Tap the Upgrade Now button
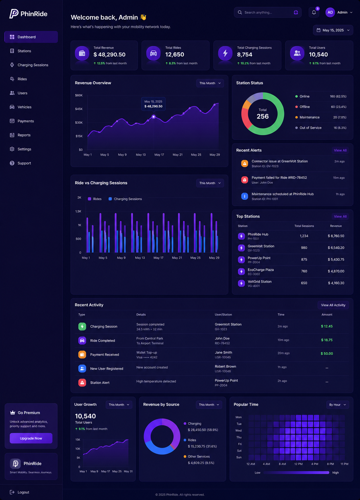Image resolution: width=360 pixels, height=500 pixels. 31,438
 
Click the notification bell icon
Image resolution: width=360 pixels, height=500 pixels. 314,13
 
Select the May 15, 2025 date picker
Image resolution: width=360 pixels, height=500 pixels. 333,30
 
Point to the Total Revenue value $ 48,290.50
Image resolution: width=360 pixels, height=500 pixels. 109,54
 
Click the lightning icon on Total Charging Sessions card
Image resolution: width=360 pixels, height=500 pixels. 225,53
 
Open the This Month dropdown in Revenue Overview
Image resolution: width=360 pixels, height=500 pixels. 210,83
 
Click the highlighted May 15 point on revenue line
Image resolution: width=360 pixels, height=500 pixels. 154,116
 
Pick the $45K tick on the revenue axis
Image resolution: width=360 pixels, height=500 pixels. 79,109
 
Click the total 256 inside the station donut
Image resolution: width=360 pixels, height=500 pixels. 263,116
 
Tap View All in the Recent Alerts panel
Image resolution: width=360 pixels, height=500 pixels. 340,150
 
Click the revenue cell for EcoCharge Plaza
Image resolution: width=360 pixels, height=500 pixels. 336,271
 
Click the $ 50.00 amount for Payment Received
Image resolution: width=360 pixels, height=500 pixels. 327,354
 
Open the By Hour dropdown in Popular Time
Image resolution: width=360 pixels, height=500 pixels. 337,405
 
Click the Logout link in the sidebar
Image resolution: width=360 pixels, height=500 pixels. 20,492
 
